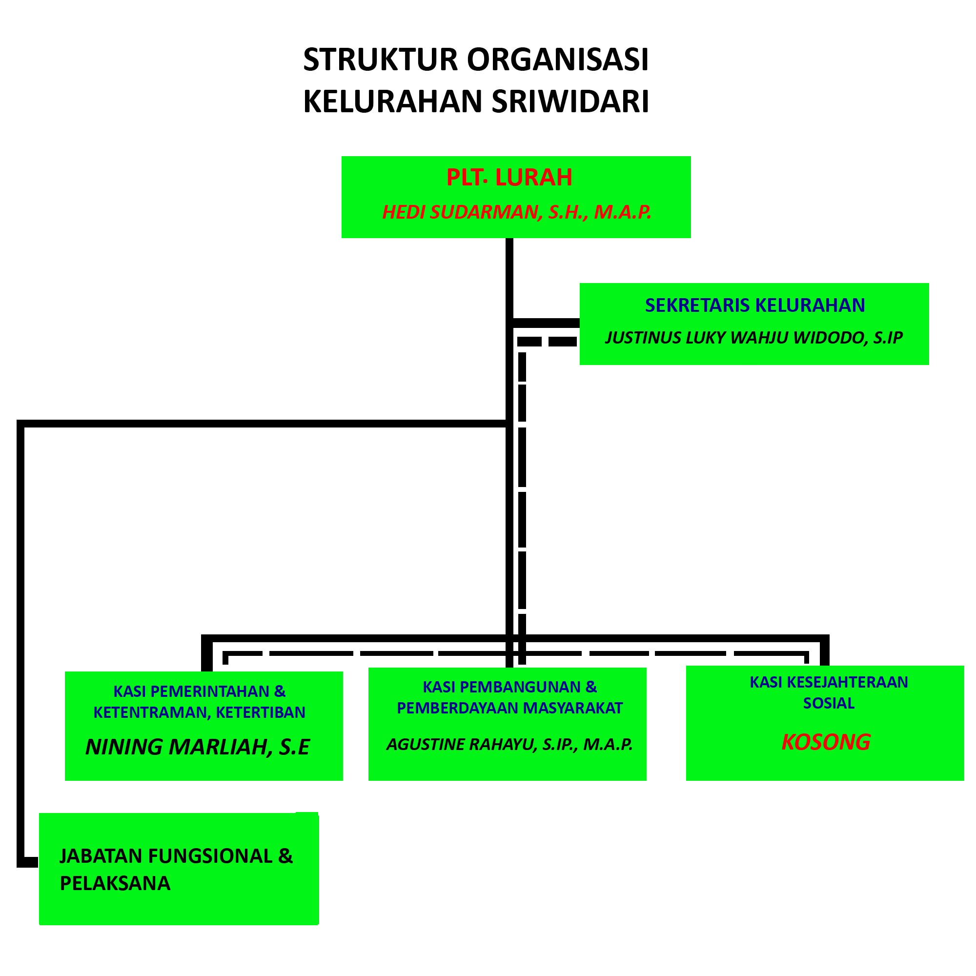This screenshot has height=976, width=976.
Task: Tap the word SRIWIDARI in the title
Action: coord(570,102)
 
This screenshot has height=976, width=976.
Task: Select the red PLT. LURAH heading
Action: coord(509,177)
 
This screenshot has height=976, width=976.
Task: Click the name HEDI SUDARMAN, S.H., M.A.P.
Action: coord(516,212)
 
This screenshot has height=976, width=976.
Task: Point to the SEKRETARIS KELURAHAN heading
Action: coord(755,305)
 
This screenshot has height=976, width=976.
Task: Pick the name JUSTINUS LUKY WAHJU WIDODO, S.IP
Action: coord(754,338)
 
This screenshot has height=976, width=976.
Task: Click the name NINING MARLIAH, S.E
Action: coord(198,747)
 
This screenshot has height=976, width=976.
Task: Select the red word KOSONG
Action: coord(826,742)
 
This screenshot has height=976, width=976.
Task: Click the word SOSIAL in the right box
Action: coord(829,703)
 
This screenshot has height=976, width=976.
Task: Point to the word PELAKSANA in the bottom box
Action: coord(115,884)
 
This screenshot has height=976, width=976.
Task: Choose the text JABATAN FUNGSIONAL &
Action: coord(176,856)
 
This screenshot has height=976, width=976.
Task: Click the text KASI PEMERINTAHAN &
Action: coord(200,691)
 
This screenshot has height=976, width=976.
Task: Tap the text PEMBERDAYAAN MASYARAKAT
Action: coord(510,708)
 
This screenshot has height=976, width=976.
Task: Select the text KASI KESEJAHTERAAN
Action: coord(829,682)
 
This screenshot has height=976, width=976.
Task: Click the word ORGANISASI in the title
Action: coord(558,60)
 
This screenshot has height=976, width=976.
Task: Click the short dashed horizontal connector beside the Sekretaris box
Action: coord(547,342)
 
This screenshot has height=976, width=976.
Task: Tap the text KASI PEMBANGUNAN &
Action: coord(510,687)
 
